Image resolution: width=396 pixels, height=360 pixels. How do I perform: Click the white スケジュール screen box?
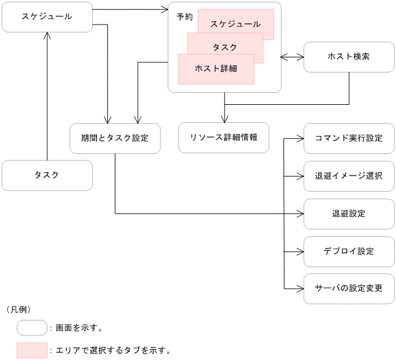coord(47,17)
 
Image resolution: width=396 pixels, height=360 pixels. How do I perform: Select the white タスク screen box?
coord(47,175)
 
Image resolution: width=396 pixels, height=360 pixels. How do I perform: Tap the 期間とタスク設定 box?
coord(115,138)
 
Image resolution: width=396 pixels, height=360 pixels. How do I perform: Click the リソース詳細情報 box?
coord(223,138)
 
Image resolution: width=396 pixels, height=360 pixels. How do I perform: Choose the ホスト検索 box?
coord(349,57)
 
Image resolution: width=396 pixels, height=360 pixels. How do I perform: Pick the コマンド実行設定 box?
coord(349,138)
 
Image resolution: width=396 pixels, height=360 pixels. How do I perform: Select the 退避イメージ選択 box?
coord(349,176)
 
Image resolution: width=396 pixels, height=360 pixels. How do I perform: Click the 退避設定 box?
coord(349,214)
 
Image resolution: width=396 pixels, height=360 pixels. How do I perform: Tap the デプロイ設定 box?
coord(349,252)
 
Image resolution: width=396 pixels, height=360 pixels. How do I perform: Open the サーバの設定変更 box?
coord(349,289)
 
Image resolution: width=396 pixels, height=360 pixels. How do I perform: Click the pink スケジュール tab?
coord(235,24)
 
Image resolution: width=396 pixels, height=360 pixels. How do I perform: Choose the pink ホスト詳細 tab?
coord(216,68)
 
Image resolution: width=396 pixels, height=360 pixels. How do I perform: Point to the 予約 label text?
coord(185,17)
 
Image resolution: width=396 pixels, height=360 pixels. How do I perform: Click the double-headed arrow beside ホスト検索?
coord(292,58)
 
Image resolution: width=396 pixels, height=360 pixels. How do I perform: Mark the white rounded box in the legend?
coord(32,328)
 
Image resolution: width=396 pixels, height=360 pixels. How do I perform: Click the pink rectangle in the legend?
coord(32,350)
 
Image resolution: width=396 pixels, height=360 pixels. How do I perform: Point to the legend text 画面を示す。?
coord(79,328)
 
